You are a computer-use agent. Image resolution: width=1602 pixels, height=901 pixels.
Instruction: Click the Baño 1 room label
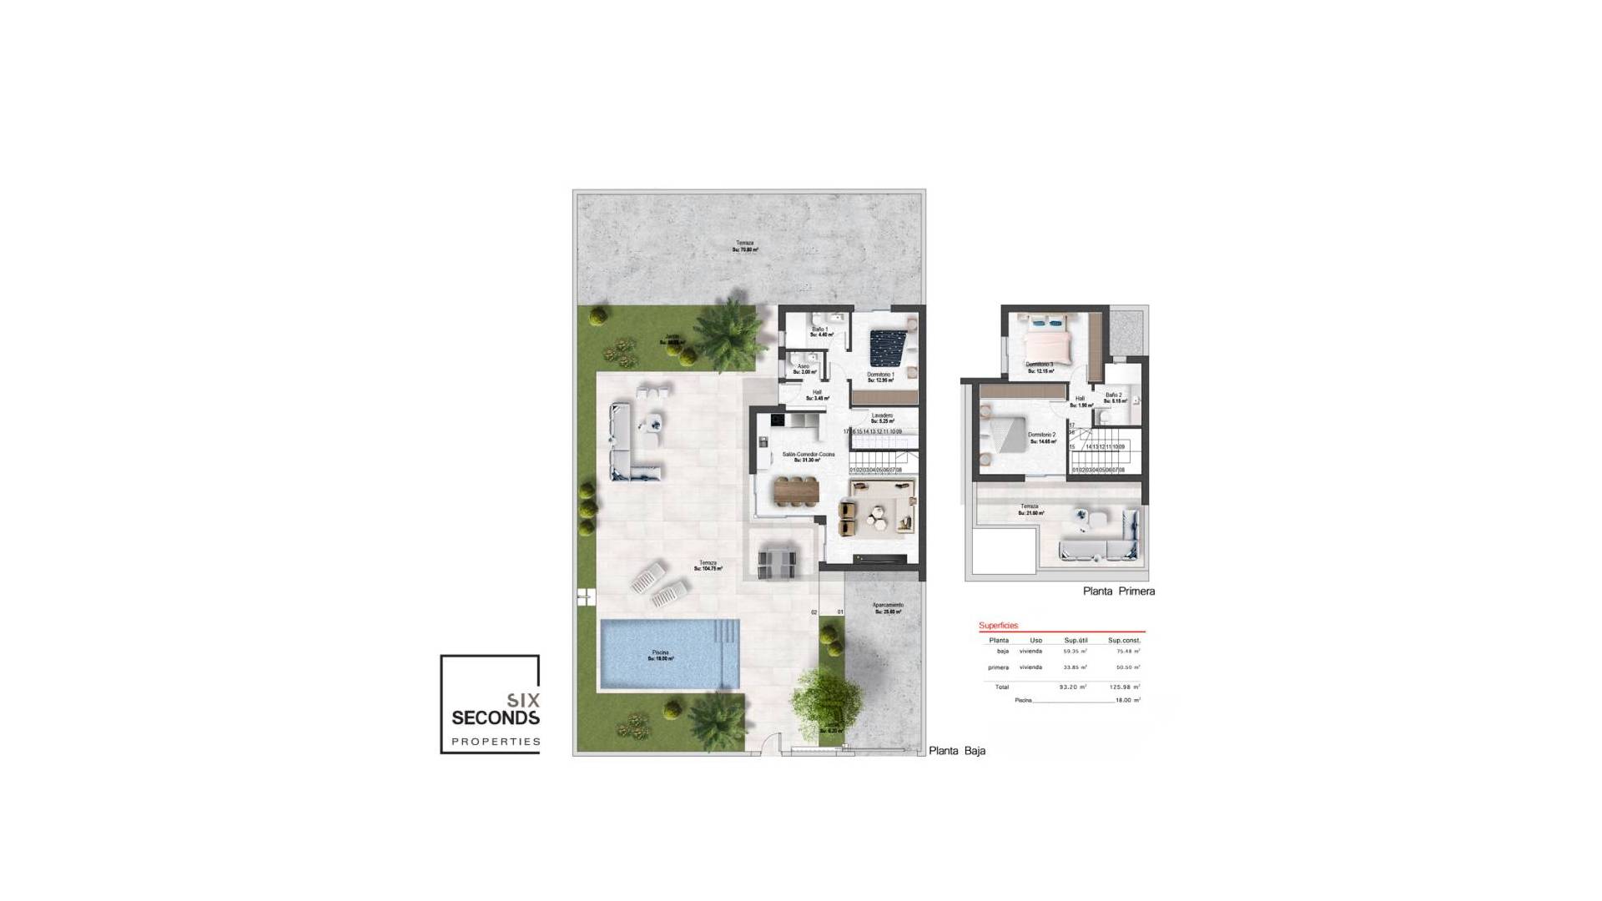coord(819,330)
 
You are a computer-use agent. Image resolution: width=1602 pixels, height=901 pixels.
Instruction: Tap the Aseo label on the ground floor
coord(803,368)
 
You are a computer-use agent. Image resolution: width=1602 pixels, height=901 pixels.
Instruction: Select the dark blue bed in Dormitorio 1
coord(885,348)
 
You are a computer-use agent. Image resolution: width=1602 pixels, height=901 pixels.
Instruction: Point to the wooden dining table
coord(796,491)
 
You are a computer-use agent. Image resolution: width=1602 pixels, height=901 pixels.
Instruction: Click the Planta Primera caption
coord(1118,591)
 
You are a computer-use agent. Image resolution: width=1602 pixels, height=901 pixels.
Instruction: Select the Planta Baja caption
coord(957,751)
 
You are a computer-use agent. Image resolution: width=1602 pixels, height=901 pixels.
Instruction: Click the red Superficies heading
coord(998,626)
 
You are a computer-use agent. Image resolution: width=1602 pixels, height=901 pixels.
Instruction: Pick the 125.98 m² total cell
coord(1124,687)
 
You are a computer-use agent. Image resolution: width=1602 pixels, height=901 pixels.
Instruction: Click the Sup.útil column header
coord(1076,641)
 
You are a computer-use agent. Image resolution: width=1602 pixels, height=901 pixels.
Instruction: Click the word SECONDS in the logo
coord(495,717)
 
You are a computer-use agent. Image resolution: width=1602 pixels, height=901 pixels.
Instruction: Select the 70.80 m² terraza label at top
coord(744,246)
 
